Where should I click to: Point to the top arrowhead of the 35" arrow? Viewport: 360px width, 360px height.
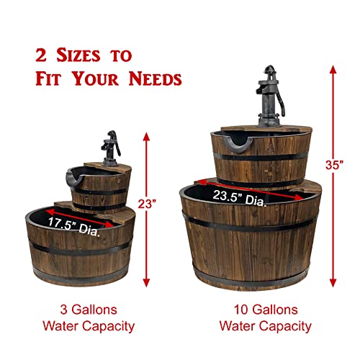333,69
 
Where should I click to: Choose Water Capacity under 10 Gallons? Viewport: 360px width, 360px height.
265,326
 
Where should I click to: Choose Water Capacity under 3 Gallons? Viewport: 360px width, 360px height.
80,326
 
